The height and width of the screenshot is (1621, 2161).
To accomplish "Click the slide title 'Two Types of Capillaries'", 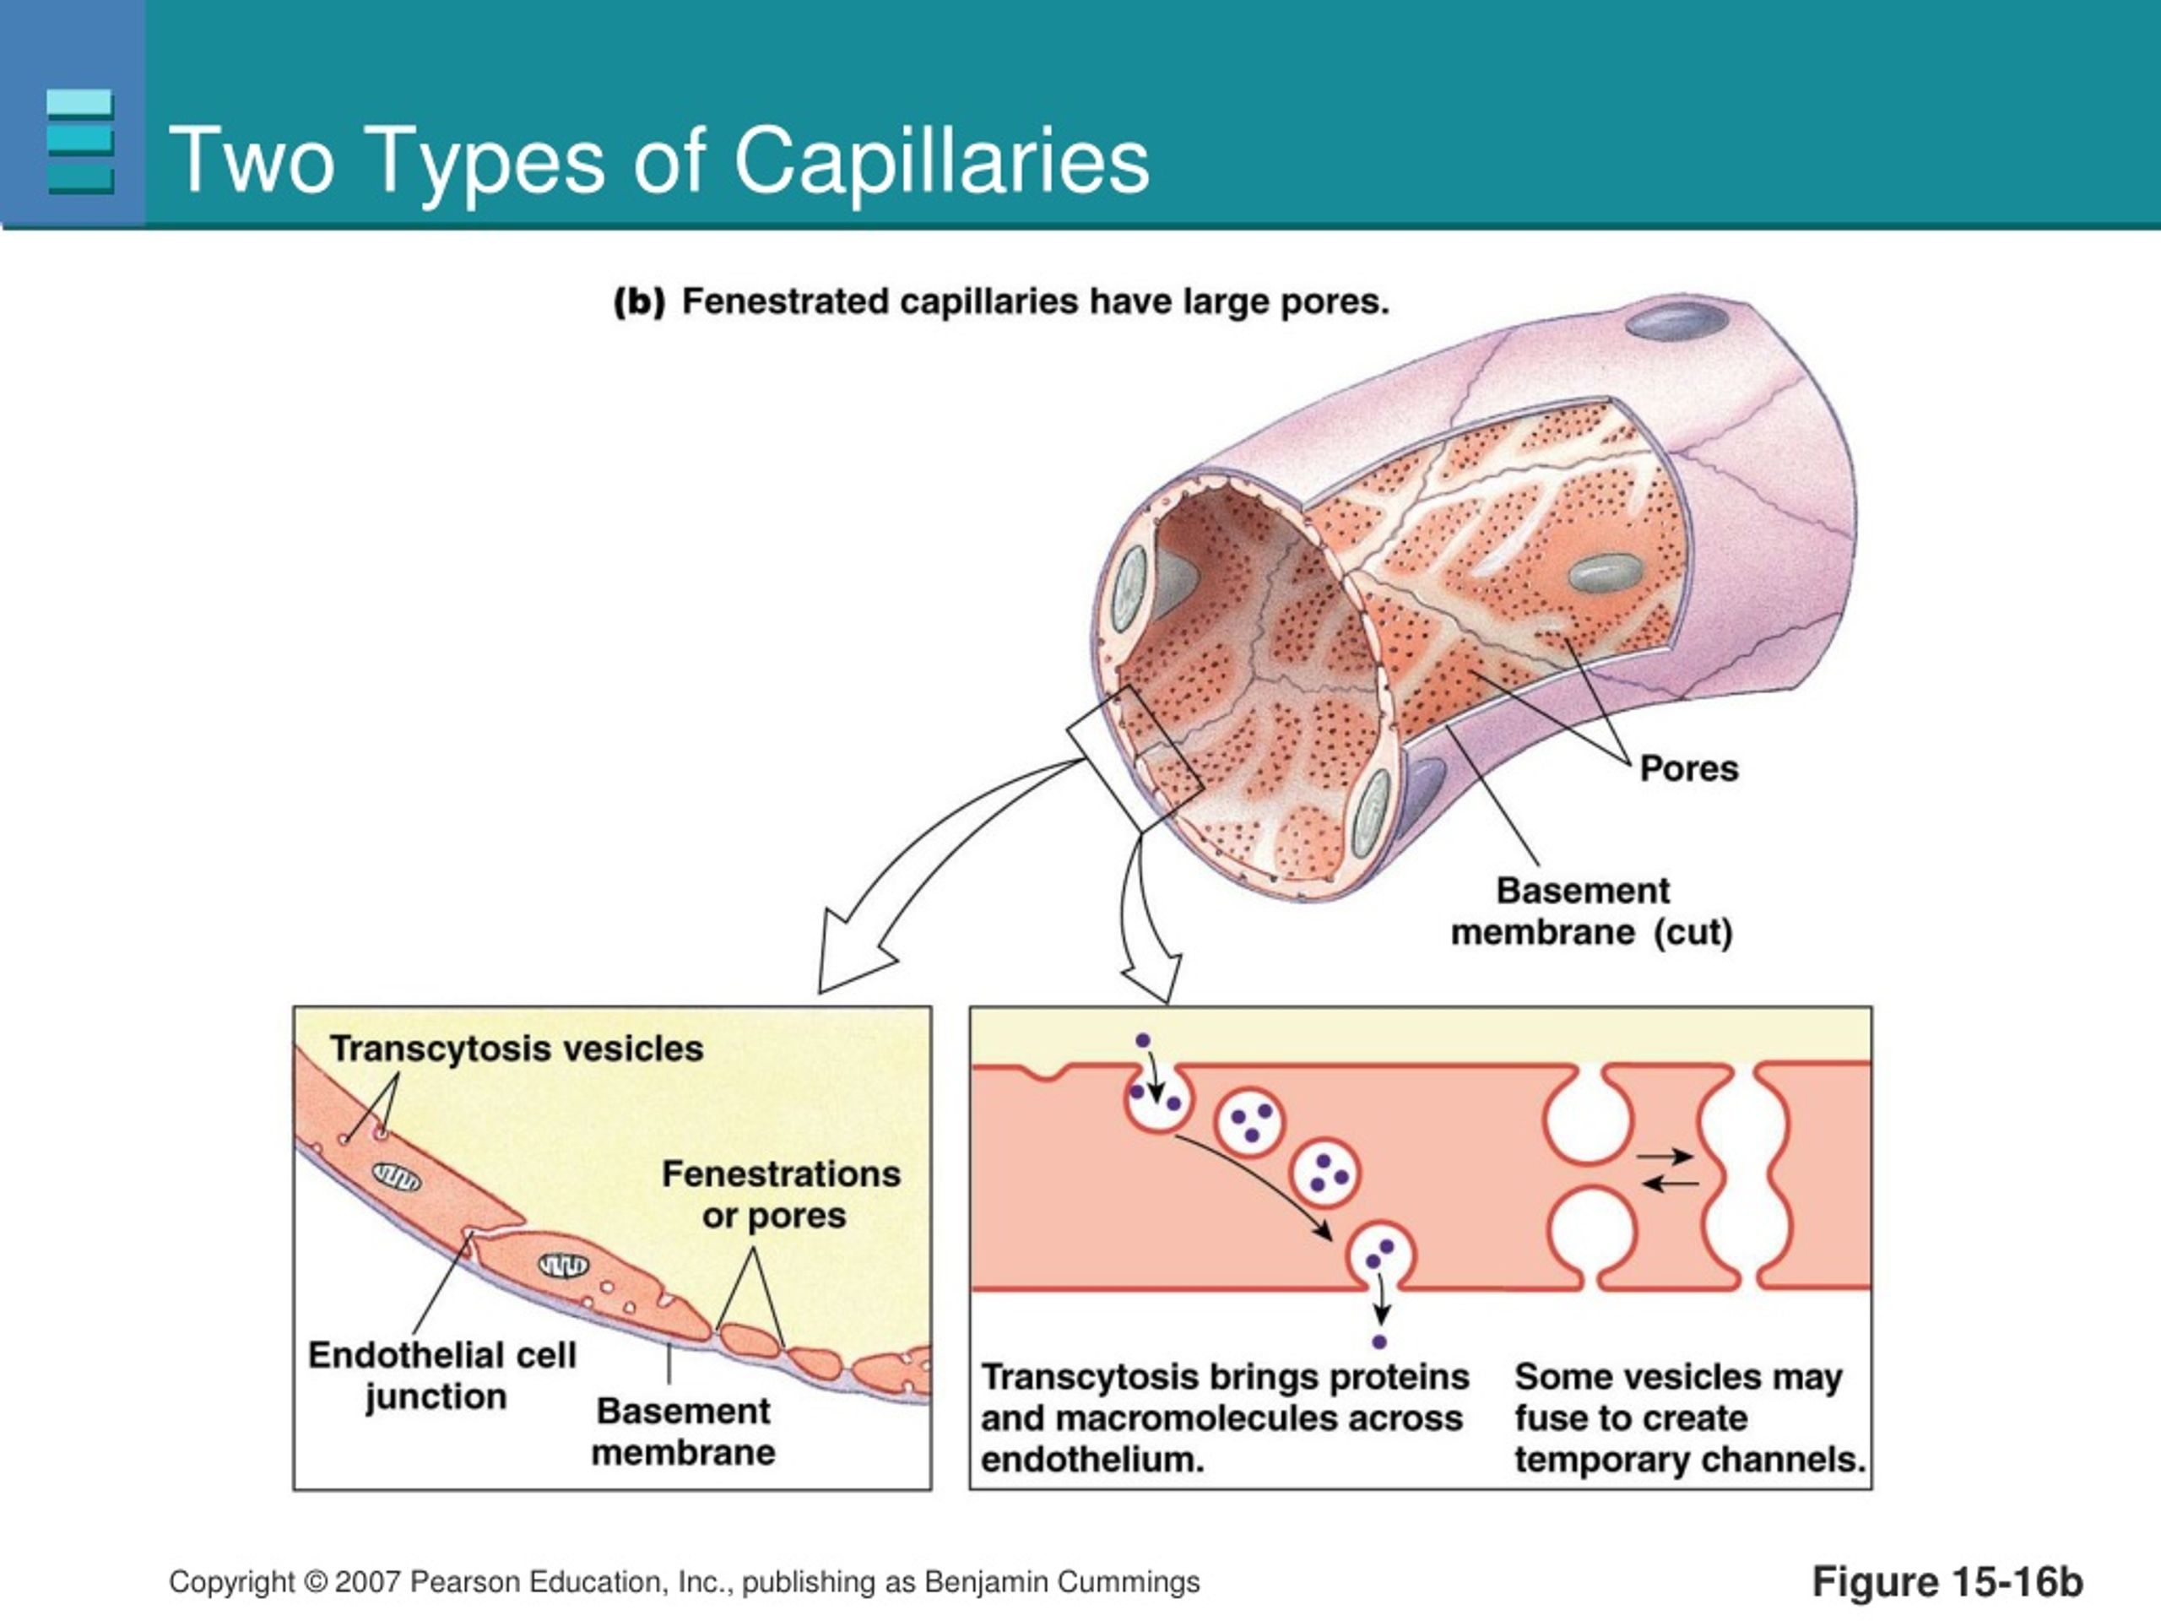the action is point(659,160).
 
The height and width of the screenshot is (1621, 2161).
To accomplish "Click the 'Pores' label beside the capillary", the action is point(1689,768).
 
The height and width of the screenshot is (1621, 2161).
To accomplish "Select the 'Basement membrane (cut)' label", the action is point(1591,912).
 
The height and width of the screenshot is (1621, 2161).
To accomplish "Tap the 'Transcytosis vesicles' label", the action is point(517,1049).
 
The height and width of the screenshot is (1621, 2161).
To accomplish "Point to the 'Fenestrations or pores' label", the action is point(781,1194).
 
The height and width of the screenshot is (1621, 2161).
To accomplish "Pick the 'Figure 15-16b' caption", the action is point(1948,1582).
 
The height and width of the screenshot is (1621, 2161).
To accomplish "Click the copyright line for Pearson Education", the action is point(684,1582).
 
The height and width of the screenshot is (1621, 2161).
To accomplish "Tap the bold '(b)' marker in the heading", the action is point(639,302).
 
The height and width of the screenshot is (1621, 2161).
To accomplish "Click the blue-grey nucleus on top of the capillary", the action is point(1676,321).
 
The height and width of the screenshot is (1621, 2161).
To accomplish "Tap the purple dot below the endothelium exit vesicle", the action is point(1379,1342).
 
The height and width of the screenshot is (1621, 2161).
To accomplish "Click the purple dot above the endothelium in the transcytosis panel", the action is point(1143,1042).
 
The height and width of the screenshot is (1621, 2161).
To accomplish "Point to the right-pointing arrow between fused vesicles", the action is point(1665,1157).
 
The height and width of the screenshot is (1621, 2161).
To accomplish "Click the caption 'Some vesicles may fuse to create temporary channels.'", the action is point(1690,1418).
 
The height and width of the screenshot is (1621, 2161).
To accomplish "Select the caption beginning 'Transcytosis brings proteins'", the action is point(1225,1418).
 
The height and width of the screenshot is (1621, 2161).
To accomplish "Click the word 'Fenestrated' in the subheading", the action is point(785,302).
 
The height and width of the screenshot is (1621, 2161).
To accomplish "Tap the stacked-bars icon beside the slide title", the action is point(79,142).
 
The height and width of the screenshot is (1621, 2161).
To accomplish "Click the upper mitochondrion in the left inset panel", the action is point(397,1179).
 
